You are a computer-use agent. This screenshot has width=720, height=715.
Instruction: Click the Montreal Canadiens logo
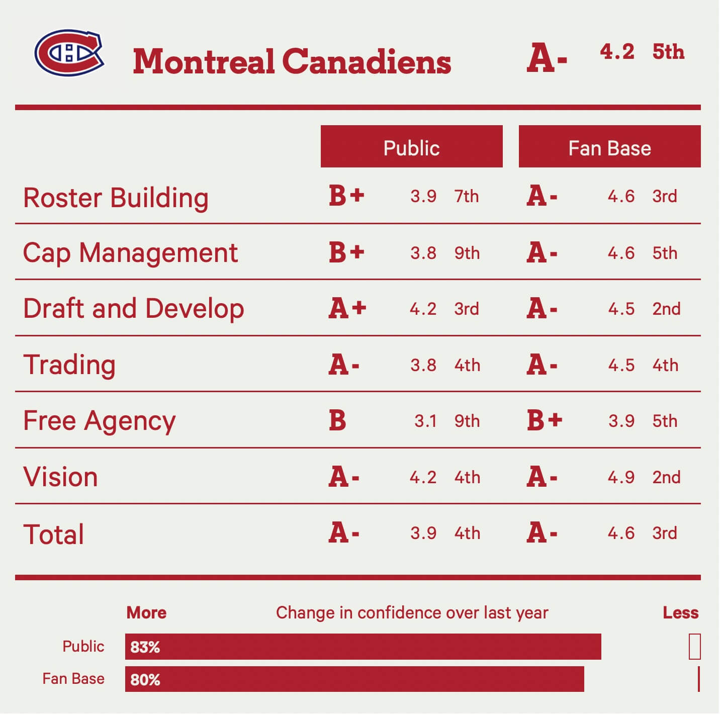click(x=69, y=53)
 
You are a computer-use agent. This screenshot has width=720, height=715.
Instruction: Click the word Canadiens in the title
click(x=367, y=62)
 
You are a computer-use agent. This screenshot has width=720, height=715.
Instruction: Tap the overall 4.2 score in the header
click(x=617, y=52)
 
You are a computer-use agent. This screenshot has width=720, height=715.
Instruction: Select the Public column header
click(x=411, y=147)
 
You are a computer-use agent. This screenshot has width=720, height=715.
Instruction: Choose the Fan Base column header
click(x=609, y=147)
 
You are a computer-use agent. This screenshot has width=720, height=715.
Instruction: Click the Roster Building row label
click(x=116, y=198)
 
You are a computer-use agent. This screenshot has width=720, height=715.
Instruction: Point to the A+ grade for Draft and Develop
click(x=347, y=308)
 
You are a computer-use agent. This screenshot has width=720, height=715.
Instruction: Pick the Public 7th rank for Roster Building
click(x=467, y=196)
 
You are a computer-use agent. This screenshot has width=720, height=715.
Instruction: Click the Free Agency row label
click(x=100, y=421)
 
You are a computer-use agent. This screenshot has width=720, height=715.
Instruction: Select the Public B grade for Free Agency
click(x=337, y=421)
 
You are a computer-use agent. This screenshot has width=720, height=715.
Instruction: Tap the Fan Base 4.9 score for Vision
click(x=621, y=477)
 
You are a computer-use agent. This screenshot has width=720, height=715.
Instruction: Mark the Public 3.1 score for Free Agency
click(x=425, y=421)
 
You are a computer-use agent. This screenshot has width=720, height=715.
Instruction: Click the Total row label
click(x=54, y=534)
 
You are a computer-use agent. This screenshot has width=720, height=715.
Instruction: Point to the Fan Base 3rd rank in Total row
click(x=665, y=533)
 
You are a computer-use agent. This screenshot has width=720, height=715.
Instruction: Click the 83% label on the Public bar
click(x=145, y=647)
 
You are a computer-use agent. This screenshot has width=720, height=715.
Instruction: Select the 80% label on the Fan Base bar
click(x=145, y=680)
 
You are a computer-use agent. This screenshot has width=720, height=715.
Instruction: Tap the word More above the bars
click(x=146, y=613)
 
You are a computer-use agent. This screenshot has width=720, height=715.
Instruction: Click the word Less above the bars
click(x=680, y=613)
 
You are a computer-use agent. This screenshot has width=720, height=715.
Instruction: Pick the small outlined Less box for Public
click(x=694, y=647)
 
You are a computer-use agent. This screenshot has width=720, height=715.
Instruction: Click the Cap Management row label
click(x=130, y=253)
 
